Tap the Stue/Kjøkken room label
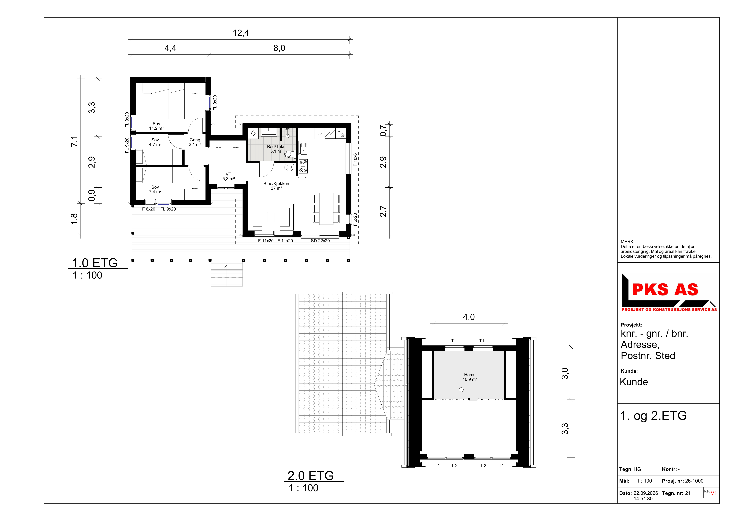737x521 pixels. pyautogui.click(x=276, y=186)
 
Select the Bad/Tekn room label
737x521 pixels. pyautogui.click(x=276, y=149)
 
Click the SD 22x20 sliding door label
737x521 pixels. pyautogui.click(x=320, y=241)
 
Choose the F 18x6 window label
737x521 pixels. pyautogui.click(x=355, y=160)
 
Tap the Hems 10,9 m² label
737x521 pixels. pyautogui.click(x=470, y=377)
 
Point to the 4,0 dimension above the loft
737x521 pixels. pyautogui.click(x=469, y=317)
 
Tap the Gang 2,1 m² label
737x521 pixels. pyautogui.click(x=195, y=142)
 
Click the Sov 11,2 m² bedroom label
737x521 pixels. pyautogui.click(x=156, y=126)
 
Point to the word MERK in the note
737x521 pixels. pyautogui.click(x=627, y=242)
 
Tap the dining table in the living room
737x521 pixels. pyautogui.click(x=326, y=209)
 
